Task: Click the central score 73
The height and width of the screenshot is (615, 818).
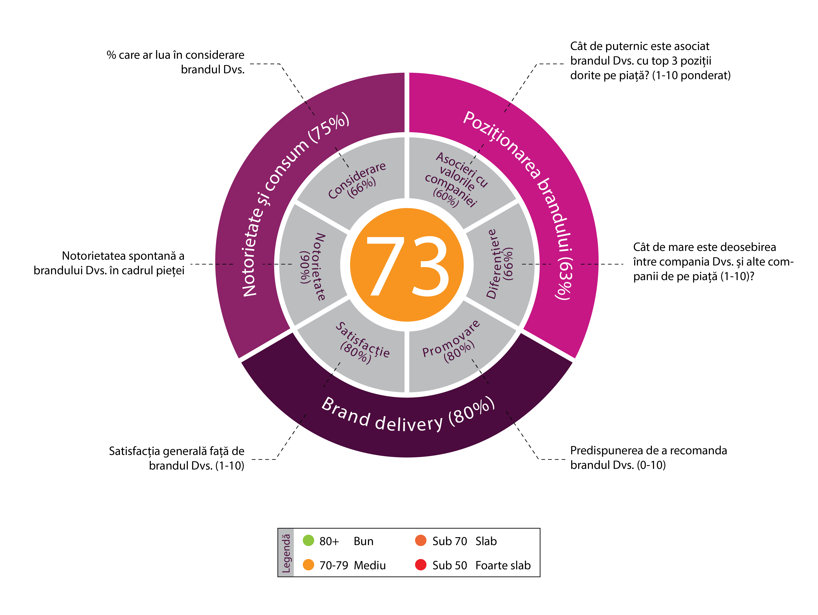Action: coord(407,265)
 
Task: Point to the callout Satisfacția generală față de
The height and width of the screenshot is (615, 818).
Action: coord(177,451)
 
